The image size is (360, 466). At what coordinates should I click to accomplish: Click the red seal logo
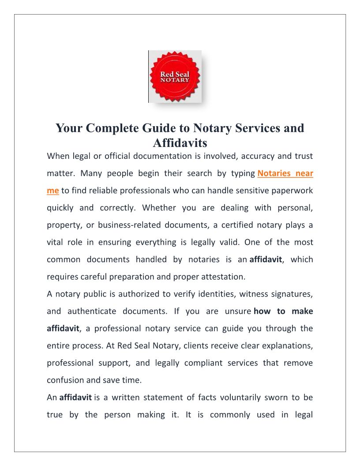pos(175,77)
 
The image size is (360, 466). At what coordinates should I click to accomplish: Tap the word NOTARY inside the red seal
pos(175,80)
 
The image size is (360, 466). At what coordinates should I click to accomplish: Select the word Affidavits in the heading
pos(180,143)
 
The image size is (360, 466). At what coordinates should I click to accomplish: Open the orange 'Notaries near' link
pos(285,173)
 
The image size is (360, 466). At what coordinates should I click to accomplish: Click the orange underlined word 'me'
pos(52,191)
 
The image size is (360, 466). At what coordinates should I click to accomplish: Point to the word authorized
pos(131,294)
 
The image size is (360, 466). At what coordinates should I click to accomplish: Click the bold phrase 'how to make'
pos(283,311)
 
